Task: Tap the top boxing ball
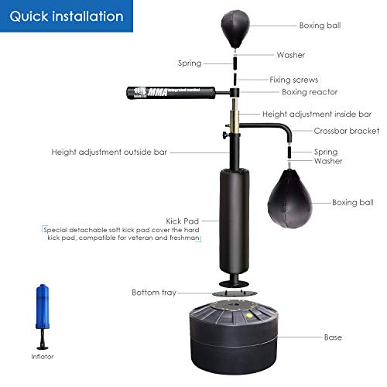(x=234, y=23)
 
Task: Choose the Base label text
(x=333, y=337)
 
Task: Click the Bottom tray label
(x=154, y=292)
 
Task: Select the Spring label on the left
(x=189, y=63)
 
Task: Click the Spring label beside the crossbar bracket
(x=326, y=152)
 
